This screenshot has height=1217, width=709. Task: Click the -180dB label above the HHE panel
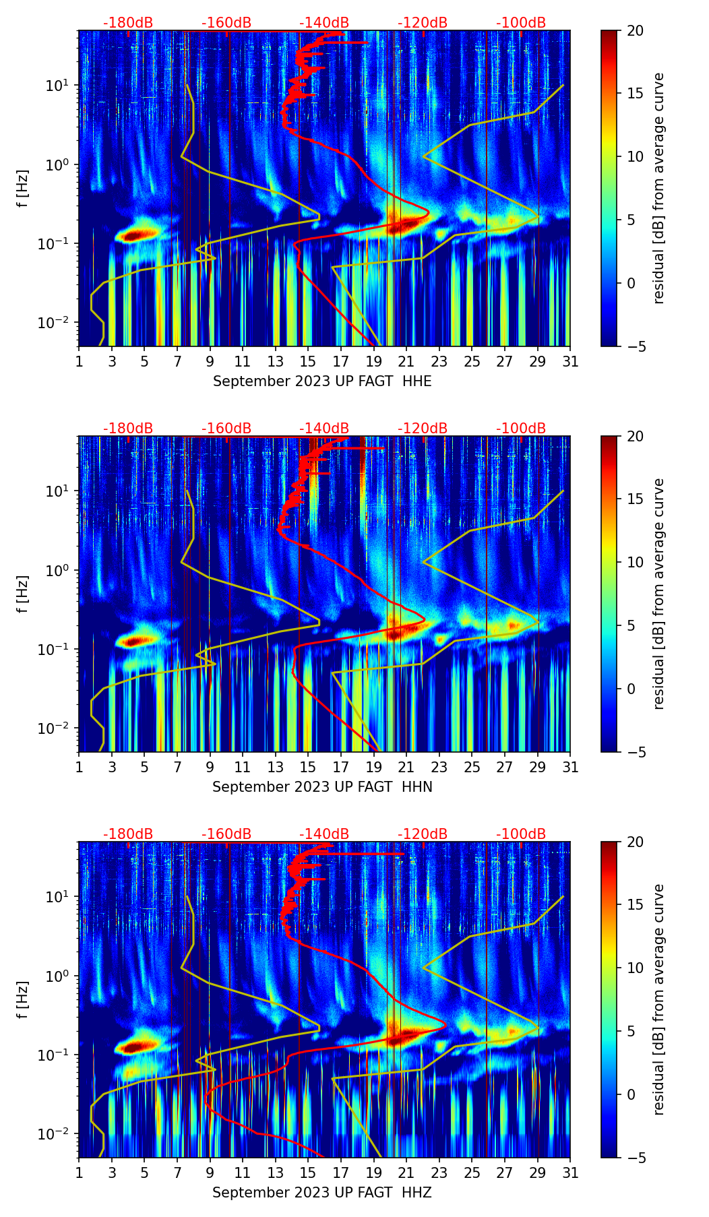point(128,23)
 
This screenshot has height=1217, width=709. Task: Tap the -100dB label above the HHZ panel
point(521,834)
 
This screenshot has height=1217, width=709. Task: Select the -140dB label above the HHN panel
point(324,429)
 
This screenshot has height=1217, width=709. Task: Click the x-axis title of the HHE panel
point(322,381)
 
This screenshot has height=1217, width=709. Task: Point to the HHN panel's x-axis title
point(322,787)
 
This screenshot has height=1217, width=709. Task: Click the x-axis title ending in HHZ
point(322,1193)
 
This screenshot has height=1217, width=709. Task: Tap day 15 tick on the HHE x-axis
point(308,362)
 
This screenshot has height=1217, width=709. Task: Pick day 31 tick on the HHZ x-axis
point(570,1173)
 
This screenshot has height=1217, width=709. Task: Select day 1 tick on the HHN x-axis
point(79,768)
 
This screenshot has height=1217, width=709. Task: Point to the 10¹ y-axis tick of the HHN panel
point(58,491)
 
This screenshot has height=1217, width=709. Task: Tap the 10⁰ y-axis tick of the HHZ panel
point(58,976)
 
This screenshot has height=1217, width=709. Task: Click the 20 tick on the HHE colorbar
point(636,31)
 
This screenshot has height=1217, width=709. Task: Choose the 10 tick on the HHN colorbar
point(636,562)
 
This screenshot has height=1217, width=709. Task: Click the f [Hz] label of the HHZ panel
point(23,999)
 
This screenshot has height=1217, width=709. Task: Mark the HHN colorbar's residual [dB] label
point(658,594)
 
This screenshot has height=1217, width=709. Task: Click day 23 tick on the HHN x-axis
point(439,768)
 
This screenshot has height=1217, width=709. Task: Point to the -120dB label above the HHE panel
point(423,23)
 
